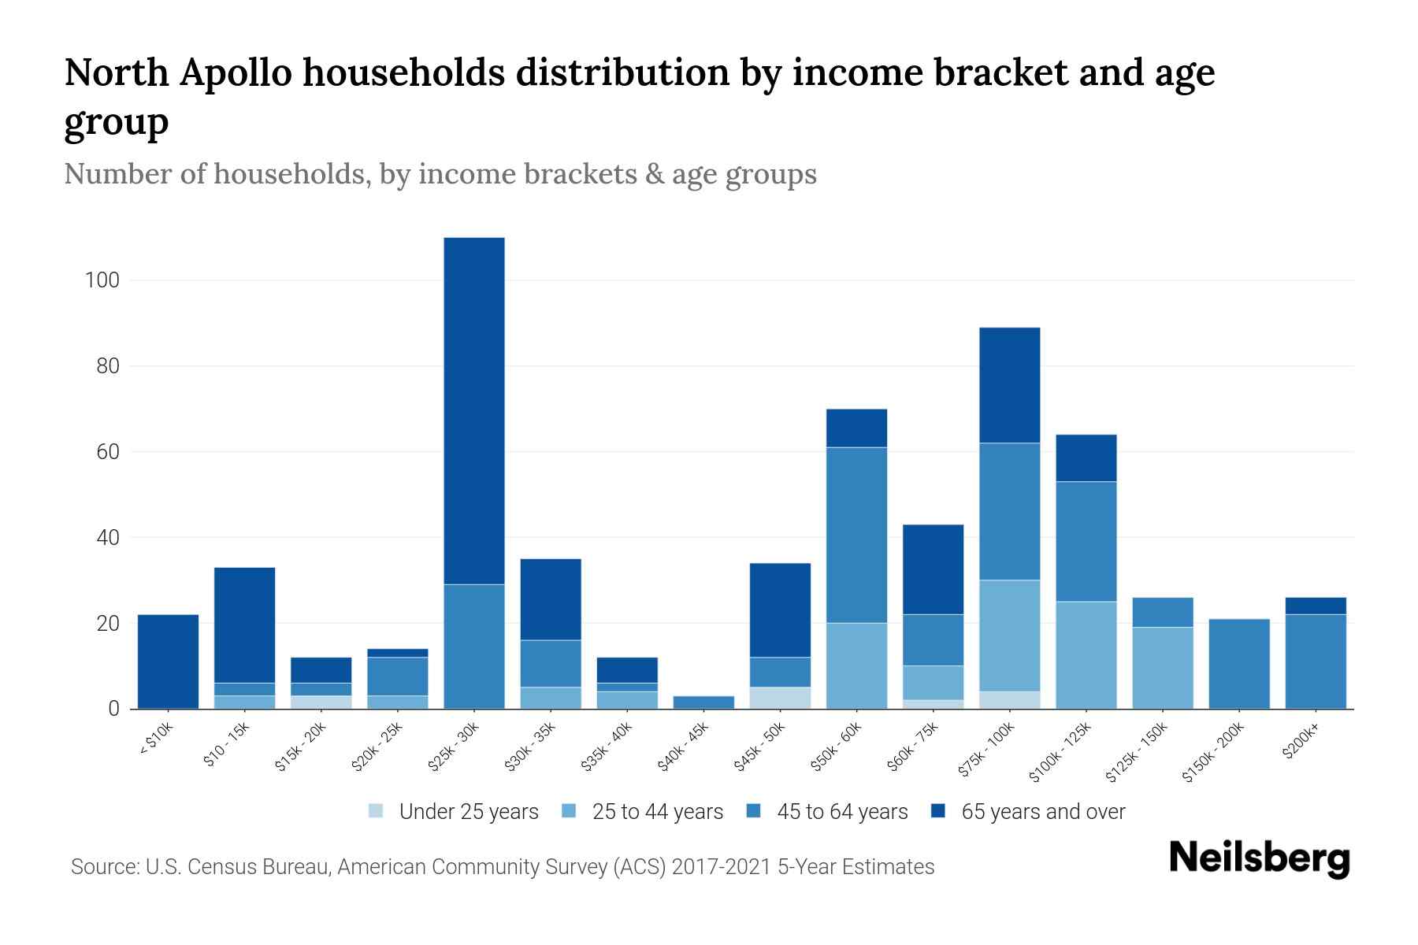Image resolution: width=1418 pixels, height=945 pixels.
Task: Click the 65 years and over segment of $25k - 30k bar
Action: (x=474, y=410)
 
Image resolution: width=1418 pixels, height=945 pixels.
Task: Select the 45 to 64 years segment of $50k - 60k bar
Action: (x=856, y=535)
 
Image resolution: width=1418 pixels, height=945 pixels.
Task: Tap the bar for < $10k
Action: (x=168, y=661)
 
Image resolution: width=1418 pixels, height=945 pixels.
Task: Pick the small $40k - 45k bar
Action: (x=703, y=702)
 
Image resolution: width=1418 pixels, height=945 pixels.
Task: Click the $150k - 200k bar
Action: (x=1238, y=664)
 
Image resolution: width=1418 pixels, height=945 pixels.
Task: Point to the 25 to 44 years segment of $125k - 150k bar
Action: (x=1162, y=668)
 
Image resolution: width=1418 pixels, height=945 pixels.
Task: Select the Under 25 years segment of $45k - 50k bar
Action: (x=780, y=698)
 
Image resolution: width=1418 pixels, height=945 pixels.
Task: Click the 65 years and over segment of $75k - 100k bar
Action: (x=1009, y=385)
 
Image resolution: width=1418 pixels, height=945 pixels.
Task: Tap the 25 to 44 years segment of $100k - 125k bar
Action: (x=1086, y=654)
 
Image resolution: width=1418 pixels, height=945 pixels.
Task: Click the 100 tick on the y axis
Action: (x=102, y=280)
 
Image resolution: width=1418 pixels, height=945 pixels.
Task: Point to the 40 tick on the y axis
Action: (x=106, y=538)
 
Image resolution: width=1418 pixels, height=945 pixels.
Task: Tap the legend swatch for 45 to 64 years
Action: (x=754, y=811)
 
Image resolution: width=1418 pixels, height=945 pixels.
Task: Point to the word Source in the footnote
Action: (x=102, y=867)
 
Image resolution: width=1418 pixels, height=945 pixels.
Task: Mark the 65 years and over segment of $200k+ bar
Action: (x=1315, y=606)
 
